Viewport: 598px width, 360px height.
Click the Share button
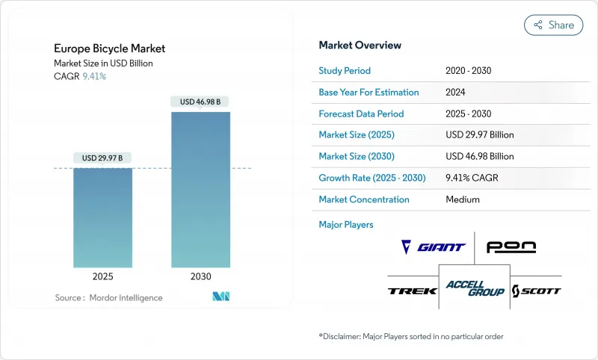[554, 25]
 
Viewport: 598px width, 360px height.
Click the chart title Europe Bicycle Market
[110, 49]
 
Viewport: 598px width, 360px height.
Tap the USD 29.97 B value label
[103, 158]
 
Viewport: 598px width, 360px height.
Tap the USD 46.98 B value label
[200, 102]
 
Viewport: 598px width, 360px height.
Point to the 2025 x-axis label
[103, 276]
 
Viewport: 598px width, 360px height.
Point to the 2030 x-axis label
[200, 276]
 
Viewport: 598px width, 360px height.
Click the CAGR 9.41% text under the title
[80, 77]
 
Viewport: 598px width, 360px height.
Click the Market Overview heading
[360, 45]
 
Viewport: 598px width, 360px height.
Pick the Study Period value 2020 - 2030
[468, 71]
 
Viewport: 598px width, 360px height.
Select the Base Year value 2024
[457, 93]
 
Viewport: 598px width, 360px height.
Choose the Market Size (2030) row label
[356, 157]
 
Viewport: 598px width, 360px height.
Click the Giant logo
[433, 247]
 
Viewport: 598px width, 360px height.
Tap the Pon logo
[511, 247]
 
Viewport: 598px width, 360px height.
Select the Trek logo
[412, 291]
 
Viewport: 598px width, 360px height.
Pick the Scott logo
[536, 291]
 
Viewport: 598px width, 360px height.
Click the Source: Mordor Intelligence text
[108, 297]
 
